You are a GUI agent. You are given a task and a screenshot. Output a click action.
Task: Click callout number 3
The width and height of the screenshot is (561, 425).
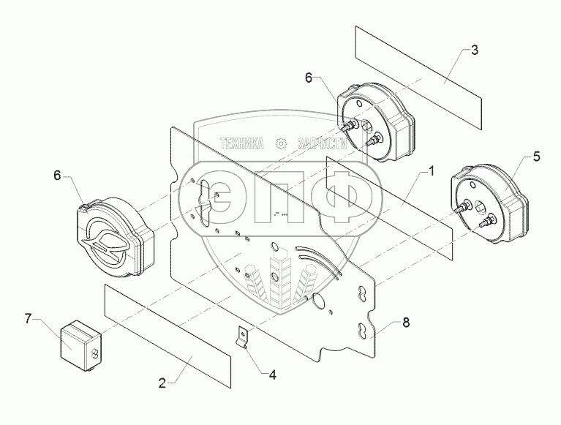pyautogui.click(x=475, y=50)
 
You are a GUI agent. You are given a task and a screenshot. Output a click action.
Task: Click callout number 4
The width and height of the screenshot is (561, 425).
pyautogui.click(x=272, y=375)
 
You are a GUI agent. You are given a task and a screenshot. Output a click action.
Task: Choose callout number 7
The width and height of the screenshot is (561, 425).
pyautogui.click(x=29, y=318)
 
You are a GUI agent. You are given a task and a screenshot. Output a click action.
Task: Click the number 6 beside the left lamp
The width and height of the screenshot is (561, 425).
pyautogui.click(x=58, y=175)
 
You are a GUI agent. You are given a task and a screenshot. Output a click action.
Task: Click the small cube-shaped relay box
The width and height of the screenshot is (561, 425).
pyautogui.click(x=80, y=341)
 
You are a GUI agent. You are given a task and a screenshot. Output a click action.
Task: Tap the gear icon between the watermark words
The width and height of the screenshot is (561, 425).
pyautogui.click(x=281, y=143)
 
